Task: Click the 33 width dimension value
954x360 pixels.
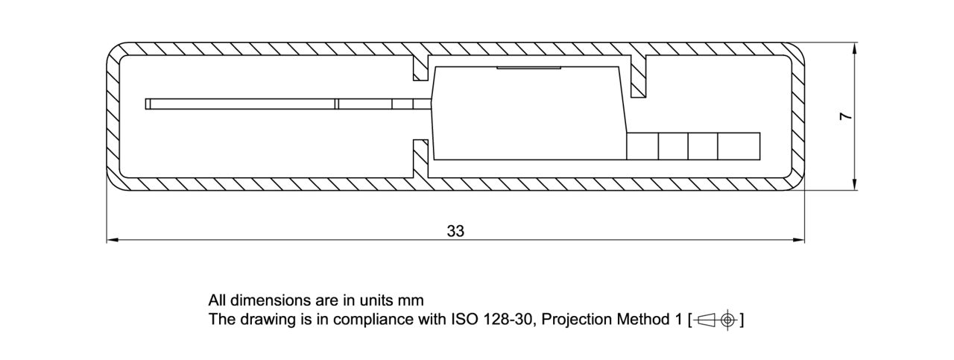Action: click(455, 231)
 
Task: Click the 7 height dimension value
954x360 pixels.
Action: click(845, 116)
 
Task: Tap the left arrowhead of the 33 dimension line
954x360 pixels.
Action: click(113, 240)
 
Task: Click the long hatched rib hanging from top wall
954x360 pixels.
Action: click(638, 76)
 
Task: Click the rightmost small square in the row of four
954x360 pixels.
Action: click(739, 145)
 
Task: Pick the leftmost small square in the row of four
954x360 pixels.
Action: click(642, 145)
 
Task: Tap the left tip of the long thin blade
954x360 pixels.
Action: click(148, 104)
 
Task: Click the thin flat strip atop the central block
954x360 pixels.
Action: click(528, 68)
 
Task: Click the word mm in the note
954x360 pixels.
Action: click(411, 300)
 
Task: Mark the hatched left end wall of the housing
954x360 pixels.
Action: click(113, 116)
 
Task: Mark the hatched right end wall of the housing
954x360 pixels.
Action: click(798, 116)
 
